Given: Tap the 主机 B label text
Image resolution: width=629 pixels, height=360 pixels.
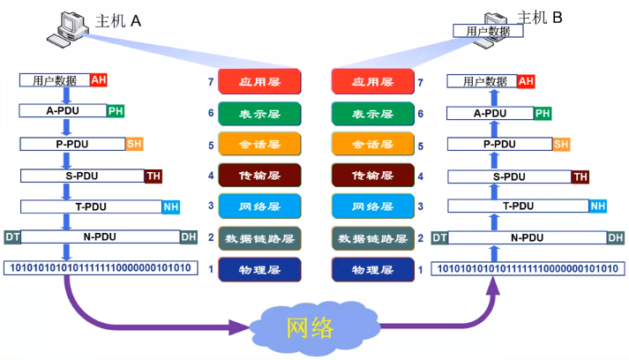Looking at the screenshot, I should point(540,17).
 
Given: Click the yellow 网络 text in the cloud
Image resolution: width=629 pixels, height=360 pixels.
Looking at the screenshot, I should point(311,328).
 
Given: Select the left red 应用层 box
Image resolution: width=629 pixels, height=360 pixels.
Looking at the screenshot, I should point(260,82).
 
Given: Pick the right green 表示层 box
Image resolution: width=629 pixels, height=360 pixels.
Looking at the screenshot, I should point(372,114).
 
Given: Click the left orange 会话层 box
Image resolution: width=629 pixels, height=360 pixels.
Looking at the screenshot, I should point(260,145).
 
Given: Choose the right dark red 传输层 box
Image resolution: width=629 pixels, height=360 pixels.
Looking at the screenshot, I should point(372,176).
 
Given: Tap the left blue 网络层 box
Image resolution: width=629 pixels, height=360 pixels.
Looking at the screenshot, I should point(260,206).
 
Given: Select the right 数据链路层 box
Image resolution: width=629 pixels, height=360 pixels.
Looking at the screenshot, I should point(372,238).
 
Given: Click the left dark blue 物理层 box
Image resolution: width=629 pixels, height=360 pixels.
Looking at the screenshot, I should point(260,269).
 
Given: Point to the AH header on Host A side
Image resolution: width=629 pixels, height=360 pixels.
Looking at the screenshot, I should point(99,80).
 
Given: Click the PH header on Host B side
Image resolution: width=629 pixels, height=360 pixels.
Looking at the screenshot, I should point(543,113).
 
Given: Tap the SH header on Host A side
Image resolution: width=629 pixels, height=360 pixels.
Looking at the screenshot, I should point(134,144).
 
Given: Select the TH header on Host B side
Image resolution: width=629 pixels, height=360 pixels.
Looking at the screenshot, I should point(580,176).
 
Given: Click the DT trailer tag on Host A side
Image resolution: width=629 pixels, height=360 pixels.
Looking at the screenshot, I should point(12,236).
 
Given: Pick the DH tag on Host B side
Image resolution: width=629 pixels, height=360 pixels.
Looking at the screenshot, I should point(615,237).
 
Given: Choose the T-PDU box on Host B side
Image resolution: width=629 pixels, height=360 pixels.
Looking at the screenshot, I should point(518,206).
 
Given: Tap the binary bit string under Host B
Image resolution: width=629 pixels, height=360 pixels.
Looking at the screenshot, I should point(528,268).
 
